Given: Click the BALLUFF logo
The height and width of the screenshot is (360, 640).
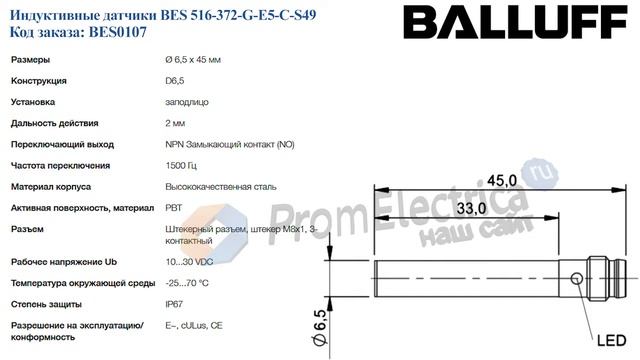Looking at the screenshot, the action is [x=515, y=22].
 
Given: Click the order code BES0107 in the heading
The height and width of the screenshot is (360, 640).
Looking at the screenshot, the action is [x=118, y=32].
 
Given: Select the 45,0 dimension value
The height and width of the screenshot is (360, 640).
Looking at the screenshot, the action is [x=502, y=180].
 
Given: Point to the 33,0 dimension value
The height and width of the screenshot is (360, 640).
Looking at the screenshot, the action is [x=471, y=208].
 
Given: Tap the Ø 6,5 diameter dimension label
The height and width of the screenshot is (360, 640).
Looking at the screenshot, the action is [x=321, y=328].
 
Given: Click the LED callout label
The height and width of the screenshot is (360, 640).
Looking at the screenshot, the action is [x=611, y=340].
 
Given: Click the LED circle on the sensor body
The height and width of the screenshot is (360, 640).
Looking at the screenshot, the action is [x=576, y=279].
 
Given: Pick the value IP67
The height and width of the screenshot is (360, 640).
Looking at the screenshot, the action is [x=174, y=304].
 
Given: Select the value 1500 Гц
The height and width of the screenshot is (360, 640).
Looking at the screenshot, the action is [x=181, y=165].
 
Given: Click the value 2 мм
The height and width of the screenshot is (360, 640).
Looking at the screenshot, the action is [x=175, y=123].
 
